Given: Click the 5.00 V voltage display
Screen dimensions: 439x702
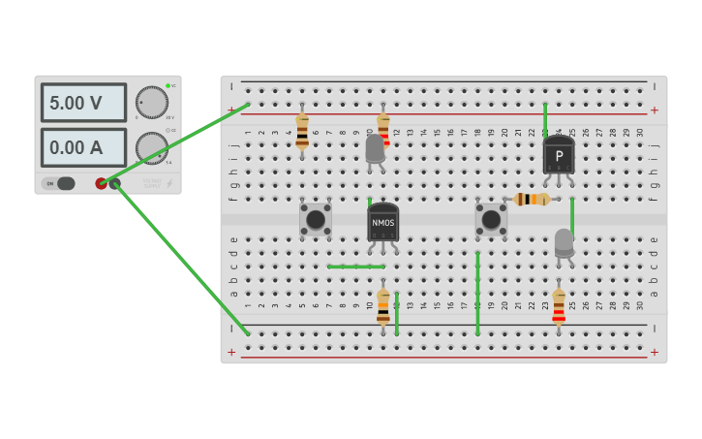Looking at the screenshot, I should click(x=83, y=103).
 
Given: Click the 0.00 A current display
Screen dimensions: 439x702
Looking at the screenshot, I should click(x=83, y=148).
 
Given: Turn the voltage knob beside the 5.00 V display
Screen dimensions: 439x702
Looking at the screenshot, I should click(x=151, y=102).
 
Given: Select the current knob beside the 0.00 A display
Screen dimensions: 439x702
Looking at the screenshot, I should click(x=151, y=147).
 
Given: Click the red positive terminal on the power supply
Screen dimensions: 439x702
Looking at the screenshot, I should click(x=102, y=183).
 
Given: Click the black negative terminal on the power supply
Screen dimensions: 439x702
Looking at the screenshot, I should click(x=115, y=183).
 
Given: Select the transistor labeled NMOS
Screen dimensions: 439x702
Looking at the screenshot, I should click(x=382, y=222).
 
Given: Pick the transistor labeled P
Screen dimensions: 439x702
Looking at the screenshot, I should click(x=559, y=155).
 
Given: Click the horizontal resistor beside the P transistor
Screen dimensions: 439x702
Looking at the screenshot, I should click(x=532, y=199).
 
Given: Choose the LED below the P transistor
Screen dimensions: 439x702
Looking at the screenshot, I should click(x=564, y=242).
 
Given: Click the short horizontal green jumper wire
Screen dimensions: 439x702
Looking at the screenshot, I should click(x=355, y=267).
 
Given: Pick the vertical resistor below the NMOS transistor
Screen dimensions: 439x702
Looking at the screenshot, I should click(x=383, y=306).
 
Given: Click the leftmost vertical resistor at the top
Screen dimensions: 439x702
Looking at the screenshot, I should click(x=302, y=130).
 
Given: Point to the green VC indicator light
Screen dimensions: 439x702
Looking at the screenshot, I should click(x=168, y=86).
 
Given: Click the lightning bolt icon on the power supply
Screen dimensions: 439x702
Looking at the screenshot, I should click(x=169, y=183).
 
